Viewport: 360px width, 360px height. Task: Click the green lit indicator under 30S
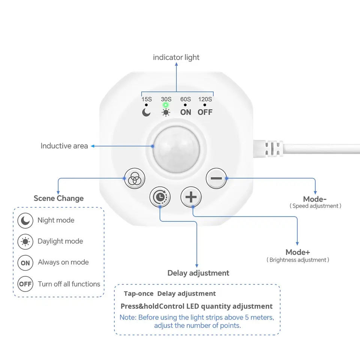click(x=165, y=105)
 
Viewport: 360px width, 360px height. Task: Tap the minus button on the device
click(x=216, y=178)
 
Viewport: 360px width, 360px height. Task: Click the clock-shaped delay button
click(x=160, y=197)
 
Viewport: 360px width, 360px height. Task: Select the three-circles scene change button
click(x=135, y=178)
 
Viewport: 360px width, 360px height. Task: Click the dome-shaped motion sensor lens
click(x=176, y=150)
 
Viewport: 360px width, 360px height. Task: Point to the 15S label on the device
click(x=147, y=99)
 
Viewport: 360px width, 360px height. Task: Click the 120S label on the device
click(x=205, y=99)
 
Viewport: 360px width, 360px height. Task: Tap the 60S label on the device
click(x=186, y=99)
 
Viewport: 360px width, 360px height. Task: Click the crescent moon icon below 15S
click(x=146, y=112)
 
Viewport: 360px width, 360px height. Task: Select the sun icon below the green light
click(x=166, y=112)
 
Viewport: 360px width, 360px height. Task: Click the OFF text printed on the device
click(x=205, y=112)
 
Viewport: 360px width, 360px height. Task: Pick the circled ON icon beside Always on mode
click(x=25, y=263)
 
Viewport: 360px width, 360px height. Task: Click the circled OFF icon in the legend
click(x=25, y=284)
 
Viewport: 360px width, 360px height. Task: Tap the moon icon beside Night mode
click(x=25, y=220)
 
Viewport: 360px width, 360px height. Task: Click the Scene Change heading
click(x=58, y=198)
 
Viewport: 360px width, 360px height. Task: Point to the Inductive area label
click(x=64, y=146)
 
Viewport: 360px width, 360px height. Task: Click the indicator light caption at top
click(x=176, y=57)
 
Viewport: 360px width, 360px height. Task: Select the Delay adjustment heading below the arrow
click(x=198, y=273)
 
